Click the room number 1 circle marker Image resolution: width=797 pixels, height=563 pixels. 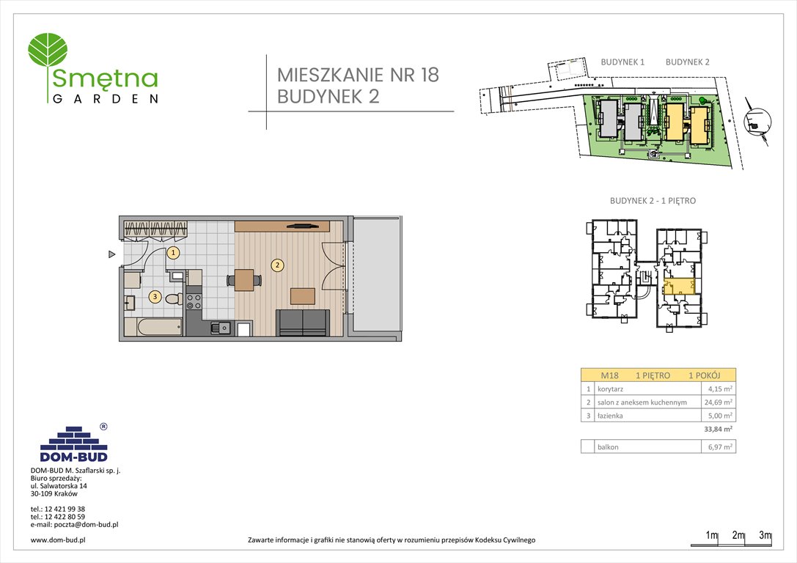173,253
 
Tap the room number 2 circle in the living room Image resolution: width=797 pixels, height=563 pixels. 277,265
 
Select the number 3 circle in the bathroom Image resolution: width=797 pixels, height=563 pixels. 155,297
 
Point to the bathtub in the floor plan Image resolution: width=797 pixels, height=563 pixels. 153,326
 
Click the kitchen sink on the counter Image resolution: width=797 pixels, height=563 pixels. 220,328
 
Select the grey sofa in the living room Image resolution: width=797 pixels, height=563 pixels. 303,323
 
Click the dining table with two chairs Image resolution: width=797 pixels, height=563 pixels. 243,279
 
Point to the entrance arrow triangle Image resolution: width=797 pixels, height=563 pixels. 111,254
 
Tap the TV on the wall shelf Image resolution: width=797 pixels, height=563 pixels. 301,226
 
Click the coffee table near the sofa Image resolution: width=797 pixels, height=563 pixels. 303,296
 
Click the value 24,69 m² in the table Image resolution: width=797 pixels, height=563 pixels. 716,402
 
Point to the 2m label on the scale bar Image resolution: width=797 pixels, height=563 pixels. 738,536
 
